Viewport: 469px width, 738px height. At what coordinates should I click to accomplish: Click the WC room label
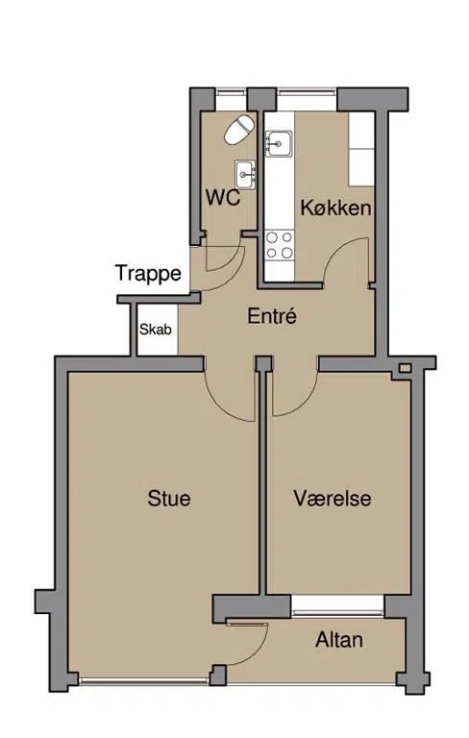pyautogui.click(x=223, y=198)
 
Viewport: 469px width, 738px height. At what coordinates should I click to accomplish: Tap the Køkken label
pyautogui.click(x=335, y=208)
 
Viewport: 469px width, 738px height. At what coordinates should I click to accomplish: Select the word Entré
pyautogui.click(x=272, y=316)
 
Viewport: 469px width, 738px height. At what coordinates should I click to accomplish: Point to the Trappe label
pyautogui.click(x=148, y=274)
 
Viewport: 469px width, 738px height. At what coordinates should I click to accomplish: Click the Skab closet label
pyautogui.click(x=156, y=330)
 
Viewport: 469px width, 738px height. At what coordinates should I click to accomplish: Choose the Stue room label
pyautogui.click(x=169, y=498)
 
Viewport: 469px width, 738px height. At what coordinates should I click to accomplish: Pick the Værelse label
pyautogui.click(x=333, y=498)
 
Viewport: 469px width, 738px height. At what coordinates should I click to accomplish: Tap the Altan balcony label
pyautogui.click(x=339, y=640)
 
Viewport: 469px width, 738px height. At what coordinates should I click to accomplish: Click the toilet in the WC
pyautogui.click(x=238, y=130)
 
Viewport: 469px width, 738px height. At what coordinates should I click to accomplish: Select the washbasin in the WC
pyautogui.click(x=245, y=175)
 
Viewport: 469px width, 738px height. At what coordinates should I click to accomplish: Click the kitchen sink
pyautogui.click(x=279, y=143)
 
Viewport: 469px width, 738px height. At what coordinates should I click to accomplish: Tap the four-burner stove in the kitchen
pyautogui.click(x=280, y=246)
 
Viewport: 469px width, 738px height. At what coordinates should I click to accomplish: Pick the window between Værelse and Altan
pyautogui.click(x=337, y=606)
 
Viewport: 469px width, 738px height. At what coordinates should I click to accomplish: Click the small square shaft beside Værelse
pyautogui.click(x=405, y=368)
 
